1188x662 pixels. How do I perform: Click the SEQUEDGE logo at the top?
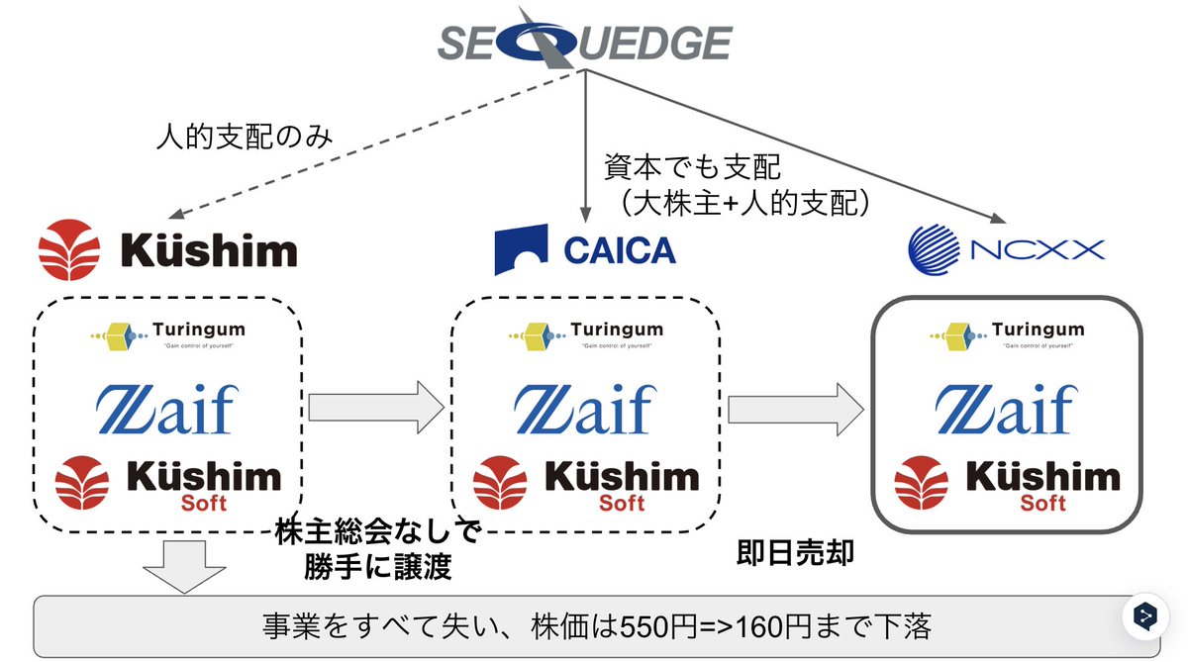click(584, 41)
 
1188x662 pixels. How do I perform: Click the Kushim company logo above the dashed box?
click(167, 249)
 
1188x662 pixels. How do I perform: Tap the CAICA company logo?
click(584, 249)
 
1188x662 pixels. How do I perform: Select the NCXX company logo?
click(1006, 249)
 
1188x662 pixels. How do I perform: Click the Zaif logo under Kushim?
click(166, 409)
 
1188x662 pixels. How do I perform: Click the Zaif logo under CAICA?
click(584, 409)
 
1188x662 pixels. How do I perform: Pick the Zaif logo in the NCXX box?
click(1006, 409)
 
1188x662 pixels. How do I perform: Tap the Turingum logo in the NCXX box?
click(1006, 334)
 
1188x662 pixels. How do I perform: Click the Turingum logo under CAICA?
click(584, 333)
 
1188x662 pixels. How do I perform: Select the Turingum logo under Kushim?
click(166, 333)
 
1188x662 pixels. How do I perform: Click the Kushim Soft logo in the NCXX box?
click(1006, 486)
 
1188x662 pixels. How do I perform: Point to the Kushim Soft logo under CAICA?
click(585, 486)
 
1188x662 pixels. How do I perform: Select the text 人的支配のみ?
click(245, 138)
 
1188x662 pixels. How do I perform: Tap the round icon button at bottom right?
click(1145, 617)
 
